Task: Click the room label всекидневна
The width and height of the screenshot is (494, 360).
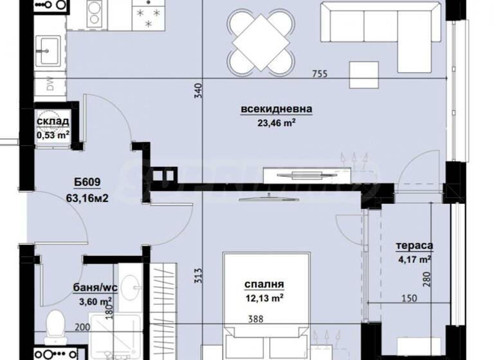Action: (277, 109)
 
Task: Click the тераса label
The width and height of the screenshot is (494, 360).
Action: (414, 245)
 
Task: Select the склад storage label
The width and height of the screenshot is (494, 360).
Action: (53, 122)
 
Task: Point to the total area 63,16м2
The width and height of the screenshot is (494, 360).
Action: (86, 199)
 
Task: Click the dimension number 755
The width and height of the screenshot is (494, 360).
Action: (320, 73)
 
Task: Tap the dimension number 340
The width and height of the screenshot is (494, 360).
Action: (198, 91)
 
